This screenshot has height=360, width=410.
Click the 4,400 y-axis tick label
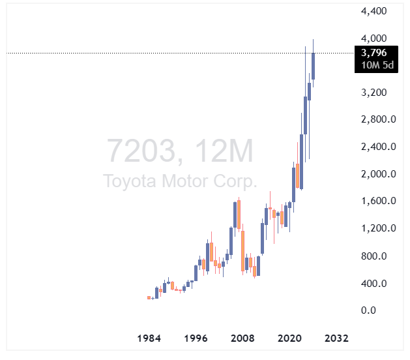(x=373, y=11)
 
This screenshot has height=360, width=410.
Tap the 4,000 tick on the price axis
(x=373, y=38)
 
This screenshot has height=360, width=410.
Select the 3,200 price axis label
(x=373, y=93)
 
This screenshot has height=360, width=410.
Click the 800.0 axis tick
(x=375, y=256)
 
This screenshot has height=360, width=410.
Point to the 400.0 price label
(x=375, y=283)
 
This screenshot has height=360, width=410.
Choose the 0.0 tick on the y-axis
(x=370, y=310)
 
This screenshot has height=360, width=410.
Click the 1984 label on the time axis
(x=149, y=339)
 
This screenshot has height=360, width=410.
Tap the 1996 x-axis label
(x=196, y=339)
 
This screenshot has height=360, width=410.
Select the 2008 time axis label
(x=243, y=339)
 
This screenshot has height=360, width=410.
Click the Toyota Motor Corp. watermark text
(x=181, y=181)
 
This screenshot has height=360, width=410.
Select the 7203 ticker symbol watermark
(x=140, y=152)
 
